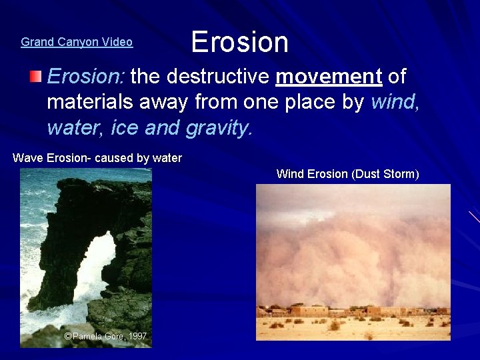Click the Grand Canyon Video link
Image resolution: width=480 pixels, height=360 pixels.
click(x=77, y=42)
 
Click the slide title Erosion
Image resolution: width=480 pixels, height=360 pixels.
click(x=239, y=42)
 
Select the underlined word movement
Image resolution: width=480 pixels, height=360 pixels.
click(x=328, y=77)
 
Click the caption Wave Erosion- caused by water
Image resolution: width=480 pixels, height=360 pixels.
click(x=97, y=158)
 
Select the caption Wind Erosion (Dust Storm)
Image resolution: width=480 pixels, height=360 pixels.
click(x=347, y=174)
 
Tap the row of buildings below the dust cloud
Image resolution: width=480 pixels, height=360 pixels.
click(x=353, y=311)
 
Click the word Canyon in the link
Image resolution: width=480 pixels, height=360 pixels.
click(x=75, y=42)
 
